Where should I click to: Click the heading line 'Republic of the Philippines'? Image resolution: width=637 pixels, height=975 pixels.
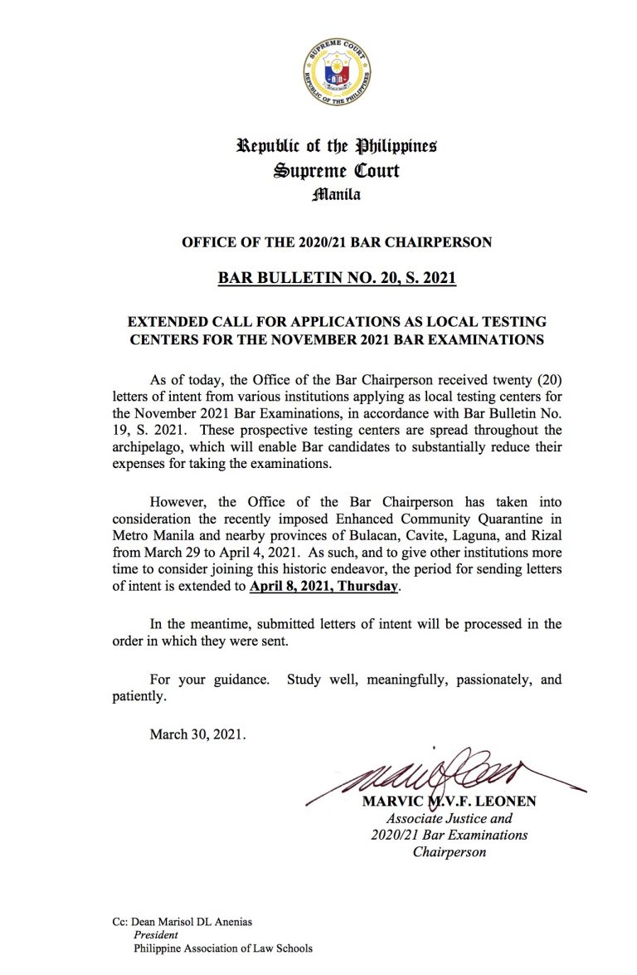(x=337, y=147)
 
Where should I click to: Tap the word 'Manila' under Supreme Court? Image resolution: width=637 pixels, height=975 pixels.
(x=337, y=196)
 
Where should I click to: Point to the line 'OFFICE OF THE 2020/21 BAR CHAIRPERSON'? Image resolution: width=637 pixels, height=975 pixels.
(x=337, y=242)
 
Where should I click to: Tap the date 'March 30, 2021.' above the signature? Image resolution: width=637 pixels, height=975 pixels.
(x=197, y=734)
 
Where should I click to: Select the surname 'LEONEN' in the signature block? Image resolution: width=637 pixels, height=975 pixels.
(x=503, y=803)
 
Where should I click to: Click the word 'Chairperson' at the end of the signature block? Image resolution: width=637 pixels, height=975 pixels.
(x=449, y=852)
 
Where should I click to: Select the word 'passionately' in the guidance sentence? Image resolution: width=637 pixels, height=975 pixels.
(x=486, y=680)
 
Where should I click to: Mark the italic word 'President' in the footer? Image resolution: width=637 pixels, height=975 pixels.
(x=156, y=934)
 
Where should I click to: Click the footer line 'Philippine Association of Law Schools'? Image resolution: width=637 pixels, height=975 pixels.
(x=223, y=948)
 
